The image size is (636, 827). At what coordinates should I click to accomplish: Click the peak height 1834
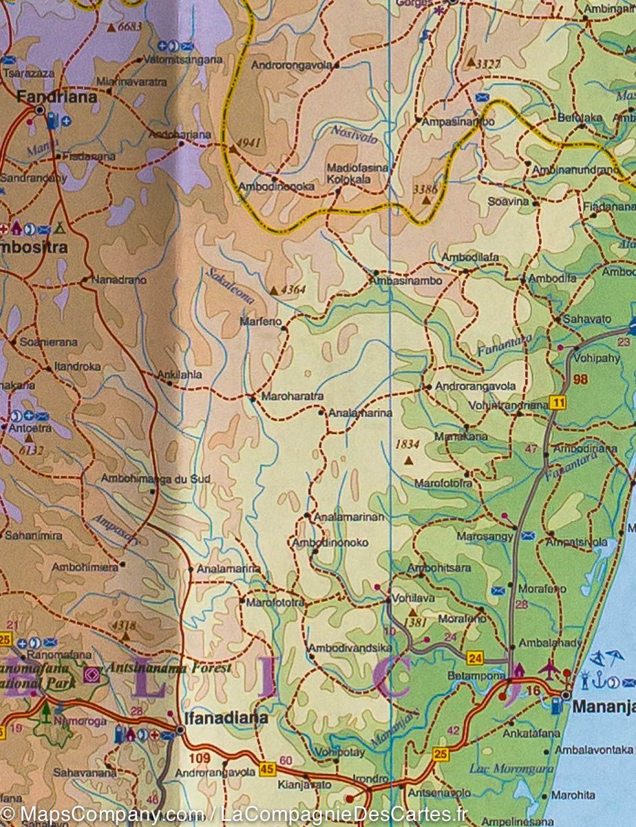point(408,445)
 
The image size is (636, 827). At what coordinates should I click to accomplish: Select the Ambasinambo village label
point(405,281)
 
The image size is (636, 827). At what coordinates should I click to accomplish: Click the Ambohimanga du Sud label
point(155,478)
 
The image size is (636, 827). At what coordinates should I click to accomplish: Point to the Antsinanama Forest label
point(169,667)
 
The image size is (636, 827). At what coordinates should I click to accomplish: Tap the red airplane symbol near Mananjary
point(549,667)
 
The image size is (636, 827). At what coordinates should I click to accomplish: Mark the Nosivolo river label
point(354,133)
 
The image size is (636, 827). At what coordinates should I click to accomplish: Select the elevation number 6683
point(129,28)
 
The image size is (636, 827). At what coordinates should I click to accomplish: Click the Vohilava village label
point(413,598)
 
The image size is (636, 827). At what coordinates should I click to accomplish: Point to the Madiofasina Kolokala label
point(357,173)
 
